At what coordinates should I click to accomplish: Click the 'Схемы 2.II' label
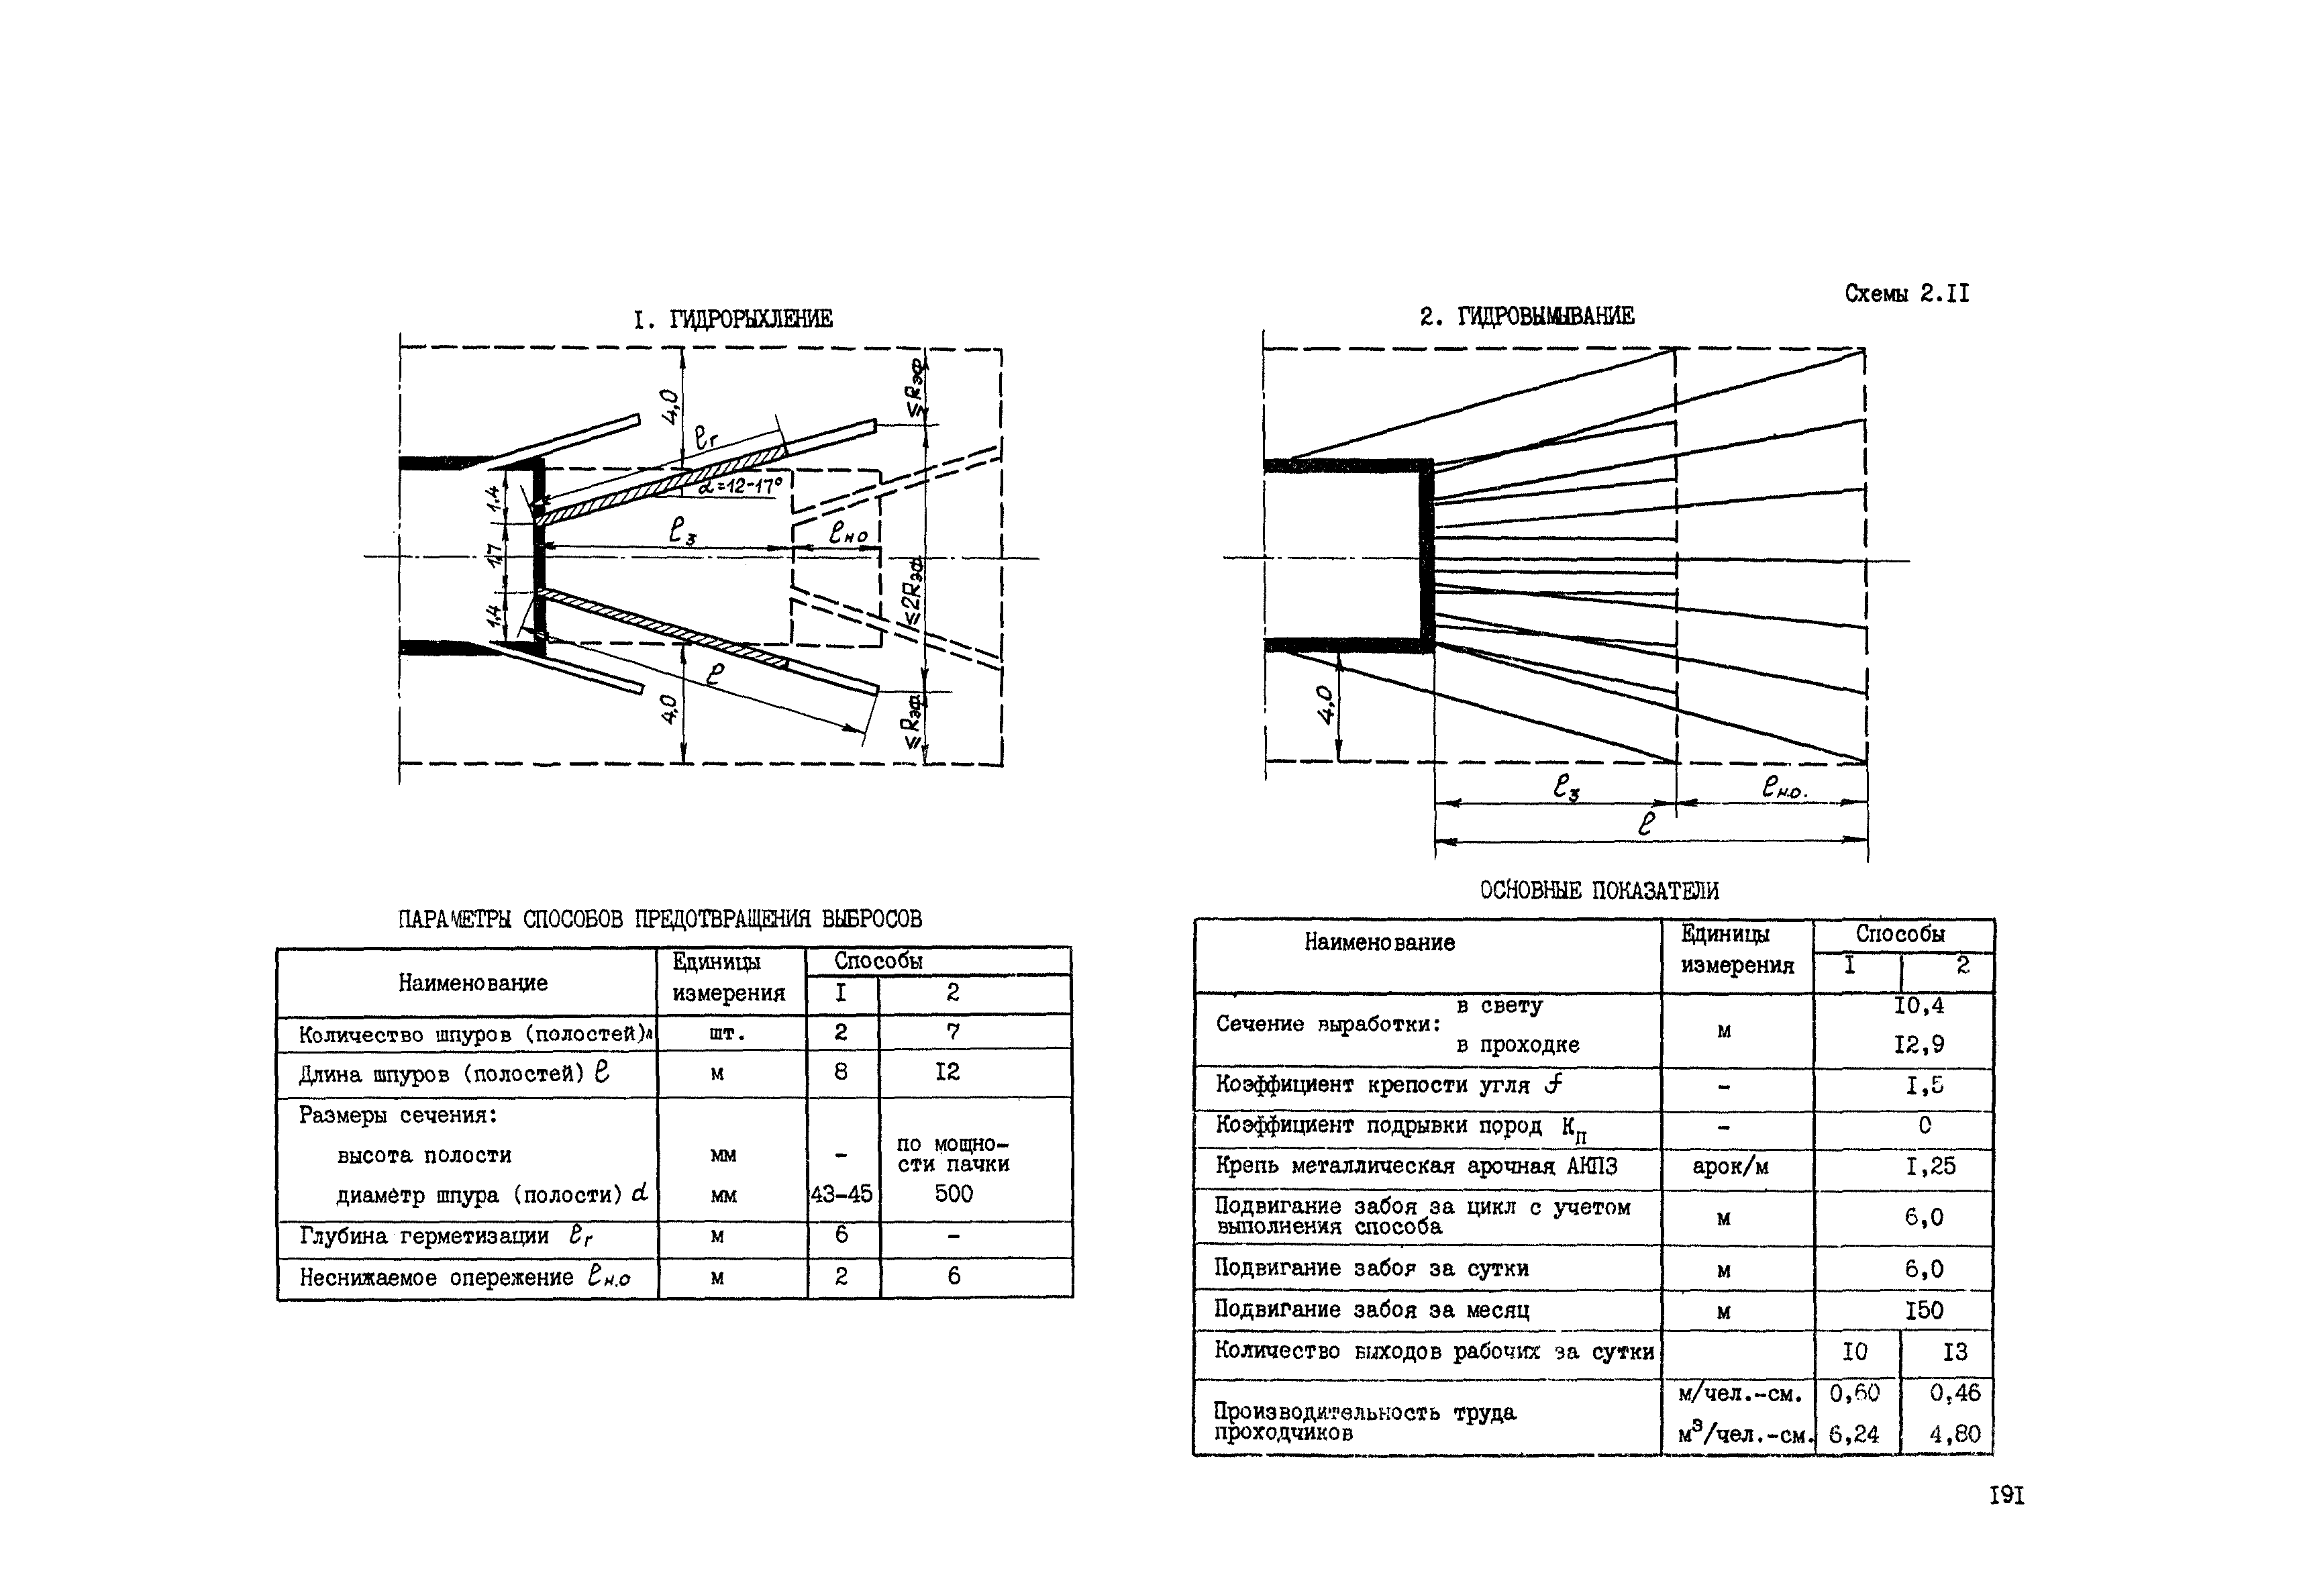point(1906,293)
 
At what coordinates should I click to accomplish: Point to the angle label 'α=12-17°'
point(740,486)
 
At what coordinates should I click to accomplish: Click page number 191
point(2006,1496)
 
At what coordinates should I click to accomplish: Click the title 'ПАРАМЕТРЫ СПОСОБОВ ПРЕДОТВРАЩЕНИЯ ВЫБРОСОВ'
point(660,919)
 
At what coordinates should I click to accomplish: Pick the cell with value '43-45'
point(841,1194)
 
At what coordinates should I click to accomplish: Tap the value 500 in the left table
point(954,1194)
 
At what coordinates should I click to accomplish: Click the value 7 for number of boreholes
point(954,1032)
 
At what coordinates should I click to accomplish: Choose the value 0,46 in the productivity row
point(1954,1393)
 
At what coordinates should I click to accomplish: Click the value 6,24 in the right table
point(1854,1434)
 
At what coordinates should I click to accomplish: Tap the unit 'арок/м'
point(1730,1167)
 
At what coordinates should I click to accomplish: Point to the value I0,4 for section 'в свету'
point(1919,1005)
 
